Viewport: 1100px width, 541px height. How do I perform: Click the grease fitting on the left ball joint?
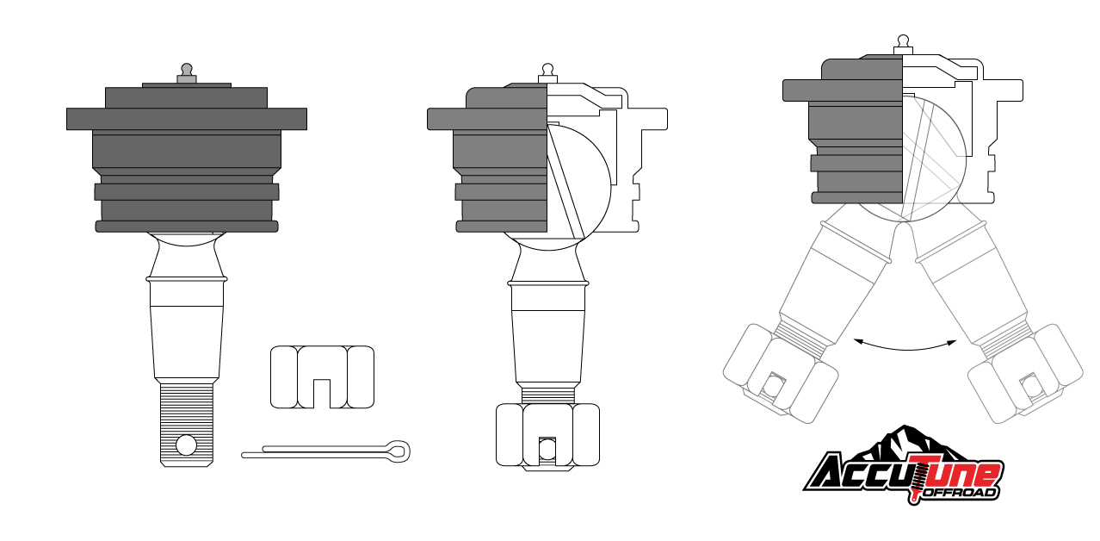click(x=187, y=74)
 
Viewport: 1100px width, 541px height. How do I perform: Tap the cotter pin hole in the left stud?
click(x=186, y=445)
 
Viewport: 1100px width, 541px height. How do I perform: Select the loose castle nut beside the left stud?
click(x=322, y=376)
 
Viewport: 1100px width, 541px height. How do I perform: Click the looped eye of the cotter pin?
click(x=398, y=451)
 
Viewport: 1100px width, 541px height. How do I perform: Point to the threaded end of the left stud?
click(x=187, y=425)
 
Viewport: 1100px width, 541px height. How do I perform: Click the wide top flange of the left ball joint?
click(x=187, y=119)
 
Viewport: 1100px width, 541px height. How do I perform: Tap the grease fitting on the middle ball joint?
click(x=547, y=73)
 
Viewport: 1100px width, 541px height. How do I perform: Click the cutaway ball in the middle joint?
click(x=578, y=187)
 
